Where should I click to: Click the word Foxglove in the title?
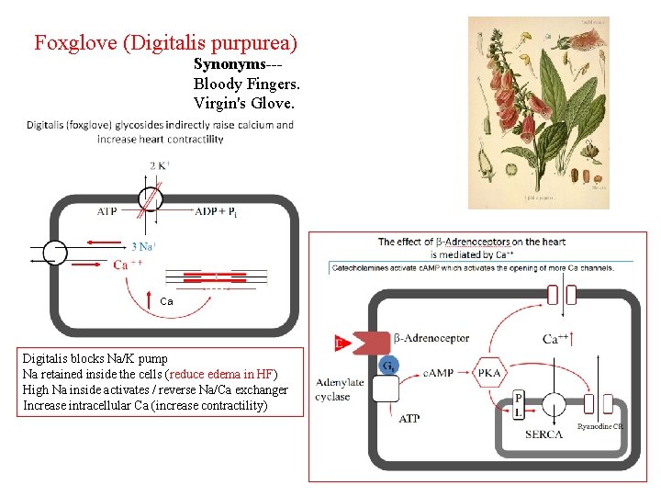tap(73, 42)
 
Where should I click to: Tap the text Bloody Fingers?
tap(246, 84)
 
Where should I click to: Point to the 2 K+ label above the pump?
tap(159, 165)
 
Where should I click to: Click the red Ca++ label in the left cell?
tap(127, 265)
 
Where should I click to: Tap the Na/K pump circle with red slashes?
tap(151, 198)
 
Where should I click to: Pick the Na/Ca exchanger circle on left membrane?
tap(54, 253)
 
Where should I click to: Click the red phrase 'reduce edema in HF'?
tap(222, 374)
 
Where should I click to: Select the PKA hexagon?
tap(489, 372)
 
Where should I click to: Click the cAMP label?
tap(439, 372)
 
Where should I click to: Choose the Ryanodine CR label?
tap(600, 426)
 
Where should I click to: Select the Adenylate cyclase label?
tap(339, 390)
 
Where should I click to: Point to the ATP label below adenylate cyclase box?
tap(409, 418)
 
